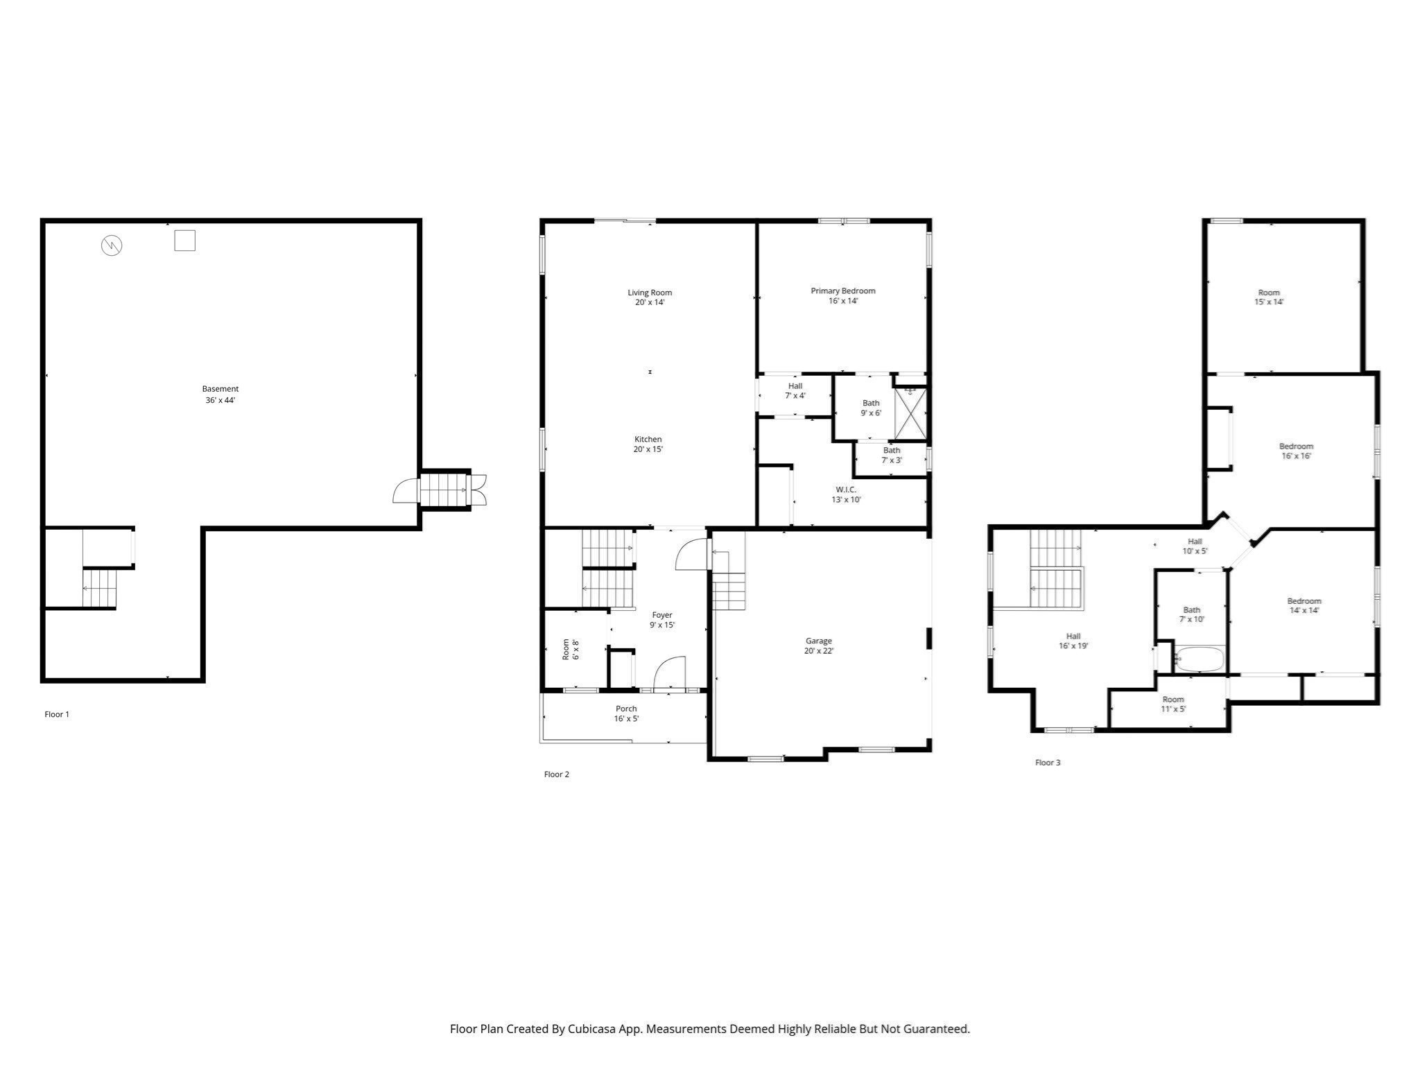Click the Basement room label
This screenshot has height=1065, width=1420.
tap(220, 389)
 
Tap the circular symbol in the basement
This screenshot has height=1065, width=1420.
tap(112, 245)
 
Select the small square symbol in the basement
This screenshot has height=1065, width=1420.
tap(184, 241)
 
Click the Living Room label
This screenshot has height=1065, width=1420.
tap(650, 293)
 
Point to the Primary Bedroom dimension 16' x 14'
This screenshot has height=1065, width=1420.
tap(843, 301)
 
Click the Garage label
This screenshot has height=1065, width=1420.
tap(818, 641)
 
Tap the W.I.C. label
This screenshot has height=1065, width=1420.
tap(846, 490)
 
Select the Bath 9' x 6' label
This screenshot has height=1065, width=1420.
tap(871, 403)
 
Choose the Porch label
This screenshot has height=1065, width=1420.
tap(626, 709)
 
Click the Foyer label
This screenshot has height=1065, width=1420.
tap(662, 615)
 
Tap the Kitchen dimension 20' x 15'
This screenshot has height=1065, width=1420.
tap(648, 449)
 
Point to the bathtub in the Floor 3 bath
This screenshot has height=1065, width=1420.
tap(1200, 659)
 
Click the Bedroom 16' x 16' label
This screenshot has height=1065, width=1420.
tap(1296, 447)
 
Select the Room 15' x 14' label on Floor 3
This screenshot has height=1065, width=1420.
tap(1269, 293)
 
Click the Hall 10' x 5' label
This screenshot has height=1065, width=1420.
tap(1195, 542)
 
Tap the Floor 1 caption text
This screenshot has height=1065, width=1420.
tap(57, 714)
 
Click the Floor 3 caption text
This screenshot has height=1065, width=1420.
tap(1048, 763)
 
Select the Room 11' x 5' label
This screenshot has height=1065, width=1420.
tap(1173, 699)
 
